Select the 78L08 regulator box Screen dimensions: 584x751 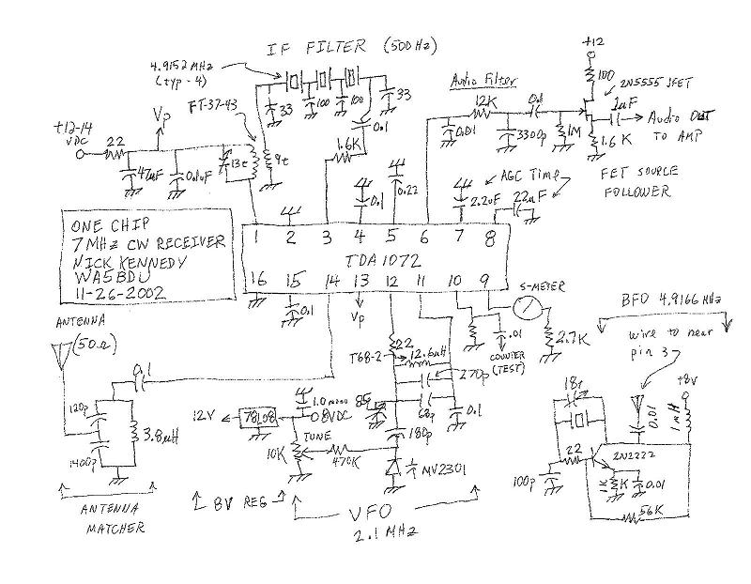click(x=260, y=415)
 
